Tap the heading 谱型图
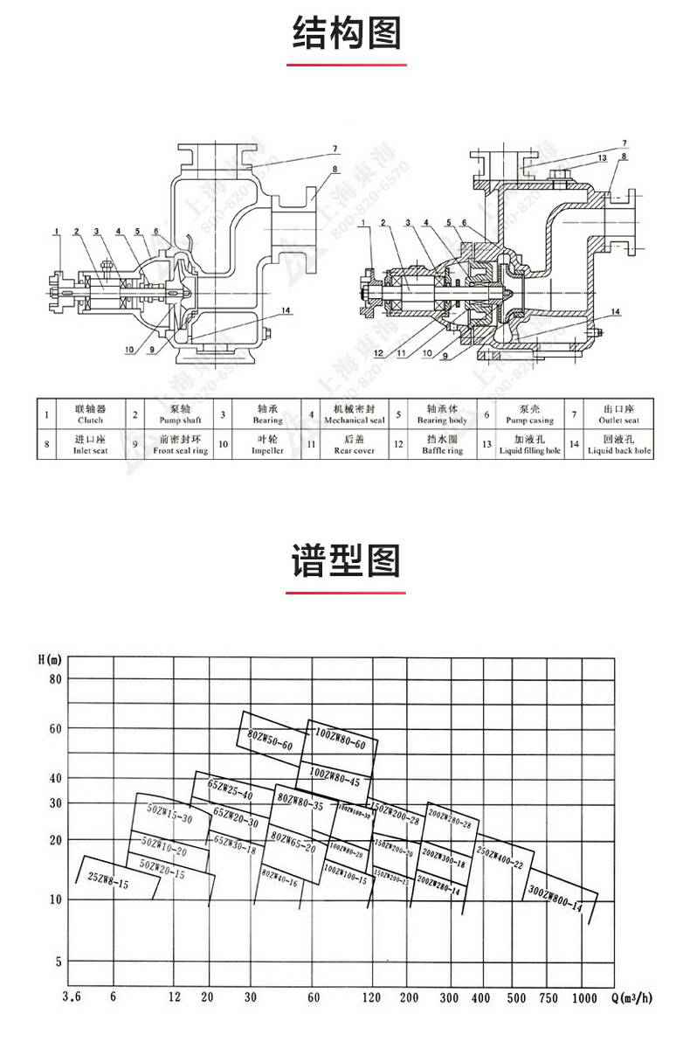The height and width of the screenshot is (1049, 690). point(346,559)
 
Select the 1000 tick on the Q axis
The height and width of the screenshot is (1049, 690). point(584,997)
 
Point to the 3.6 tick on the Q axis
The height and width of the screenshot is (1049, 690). point(73,997)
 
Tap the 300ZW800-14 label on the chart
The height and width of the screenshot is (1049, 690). point(555,899)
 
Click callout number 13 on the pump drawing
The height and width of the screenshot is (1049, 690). point(602,157)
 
